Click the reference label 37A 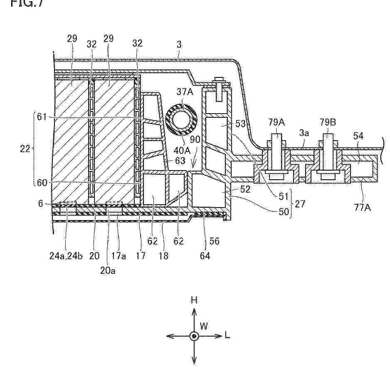pyautogui.click(x=185, y=92)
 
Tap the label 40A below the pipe pyautogui.click(x=182, y=150)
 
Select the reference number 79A pyautogui.click(x=277, y=122)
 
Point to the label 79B pyautogui.click(x=328, y=122)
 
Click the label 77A pyautogui.click(x=363, y=207)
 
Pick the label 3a pyautogui.click(x=304, y=133)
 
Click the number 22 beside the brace pyautogui.click(x=25, y=149)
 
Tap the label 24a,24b pyautogui.click(x=66, y=255)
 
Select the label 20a pyautogui.click(x=108, y=270)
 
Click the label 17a pyautogui.click(x=118, y=255)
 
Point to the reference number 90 pyautogui.click(x=195, y=139)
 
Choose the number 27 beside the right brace pyautogui.click(x=300, y=204)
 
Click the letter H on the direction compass pyautogui.click(x=194, y=300)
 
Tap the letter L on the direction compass pyautogui.click(x=227, y=336)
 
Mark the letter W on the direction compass pyautogui.click(x=204, y=326)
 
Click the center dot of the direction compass pyautogui.click(x=194, y=337)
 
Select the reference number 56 pyautogui.click(x=214, y=241)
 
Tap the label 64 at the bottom pyautogui.click(x=205, y=255)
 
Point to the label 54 pyautogui.click(x=358, y=136)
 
